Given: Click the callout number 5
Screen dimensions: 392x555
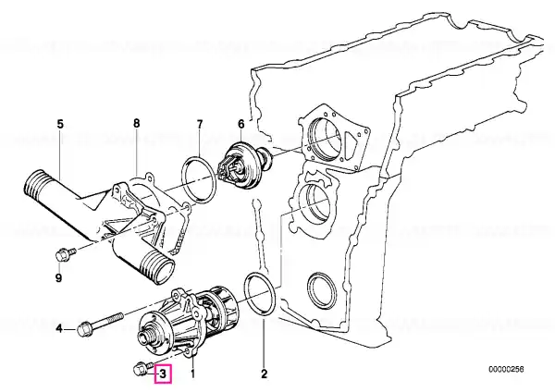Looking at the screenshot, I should (x=60, y=123).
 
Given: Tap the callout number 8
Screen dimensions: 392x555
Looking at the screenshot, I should (x=136, y=123).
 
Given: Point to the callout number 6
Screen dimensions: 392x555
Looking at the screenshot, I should (x=240, y=123).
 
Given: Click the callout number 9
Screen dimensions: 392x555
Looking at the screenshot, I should (x=58, y=277).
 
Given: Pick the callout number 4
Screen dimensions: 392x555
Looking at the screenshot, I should (x=60, y=328).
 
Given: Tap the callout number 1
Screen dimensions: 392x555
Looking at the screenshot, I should (x=192, y=374).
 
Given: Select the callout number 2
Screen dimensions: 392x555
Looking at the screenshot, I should (x=264, y=374).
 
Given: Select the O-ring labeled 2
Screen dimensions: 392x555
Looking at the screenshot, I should (x=258, y=293).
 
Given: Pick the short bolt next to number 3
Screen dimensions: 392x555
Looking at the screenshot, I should (x=140, y=368).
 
